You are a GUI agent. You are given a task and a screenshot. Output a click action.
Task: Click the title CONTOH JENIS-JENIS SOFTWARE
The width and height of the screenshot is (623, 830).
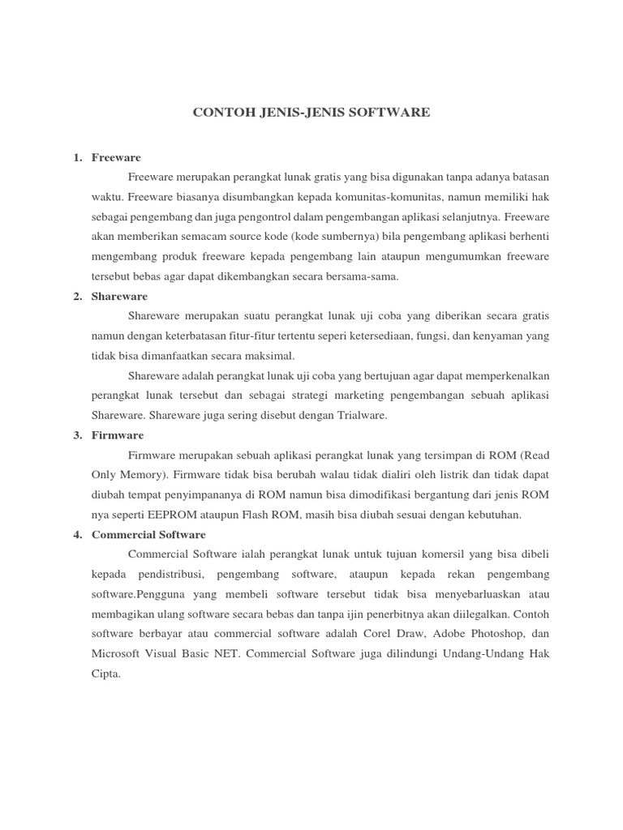click(311, 113)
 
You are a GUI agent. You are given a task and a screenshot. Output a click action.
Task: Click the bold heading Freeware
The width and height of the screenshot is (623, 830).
click(117, 157)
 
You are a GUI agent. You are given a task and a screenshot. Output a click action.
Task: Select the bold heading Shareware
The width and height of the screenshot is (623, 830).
click(120, 297)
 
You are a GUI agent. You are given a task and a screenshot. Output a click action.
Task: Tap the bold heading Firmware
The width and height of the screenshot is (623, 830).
click(118, 435)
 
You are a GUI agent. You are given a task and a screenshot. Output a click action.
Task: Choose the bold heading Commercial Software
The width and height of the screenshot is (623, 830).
click(148, 535)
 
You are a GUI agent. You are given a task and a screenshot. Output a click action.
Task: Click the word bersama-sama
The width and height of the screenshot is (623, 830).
click(365, 276)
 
